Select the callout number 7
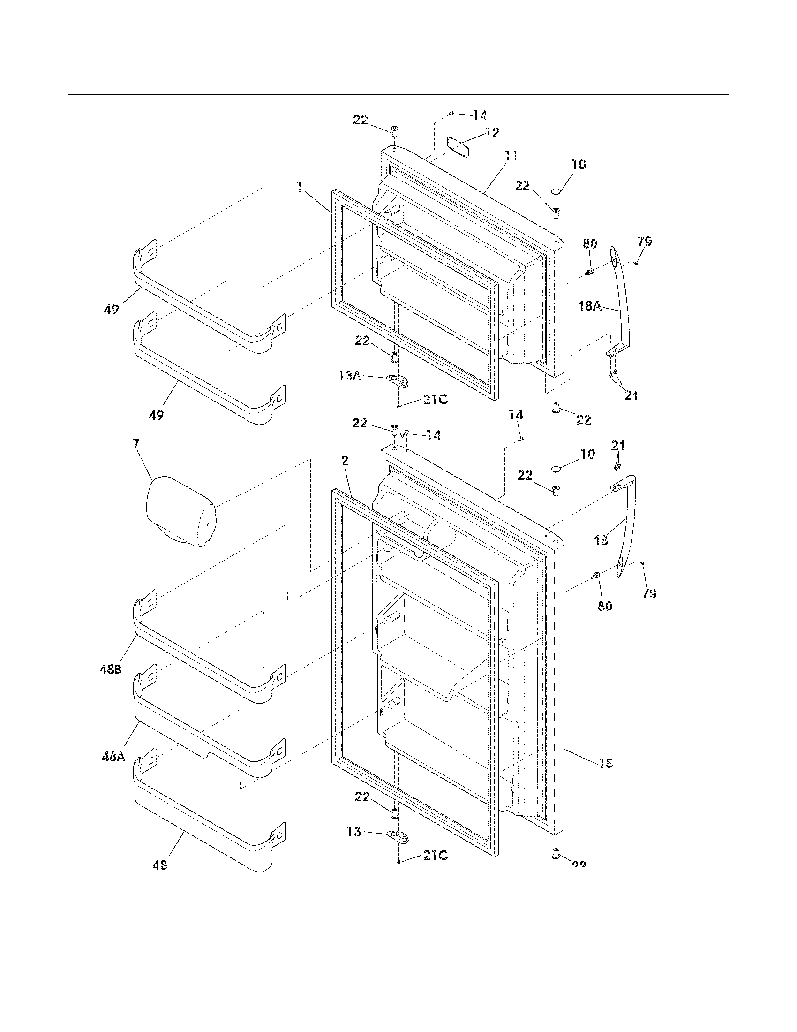[136, 444]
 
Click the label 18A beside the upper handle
[590, 306]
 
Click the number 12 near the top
[492, 133]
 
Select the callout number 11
[510, 155]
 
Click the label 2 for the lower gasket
[345, 461]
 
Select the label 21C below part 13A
[436, 400]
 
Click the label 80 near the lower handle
[605, 606]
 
